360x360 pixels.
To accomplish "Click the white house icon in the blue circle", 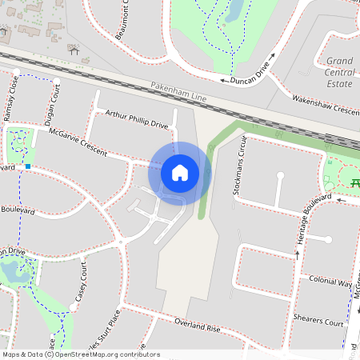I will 180,173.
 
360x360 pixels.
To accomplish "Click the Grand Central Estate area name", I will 341,72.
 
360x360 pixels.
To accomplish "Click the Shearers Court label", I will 318,322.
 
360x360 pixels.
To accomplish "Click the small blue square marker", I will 28,166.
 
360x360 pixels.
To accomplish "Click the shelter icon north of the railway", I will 74,50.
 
